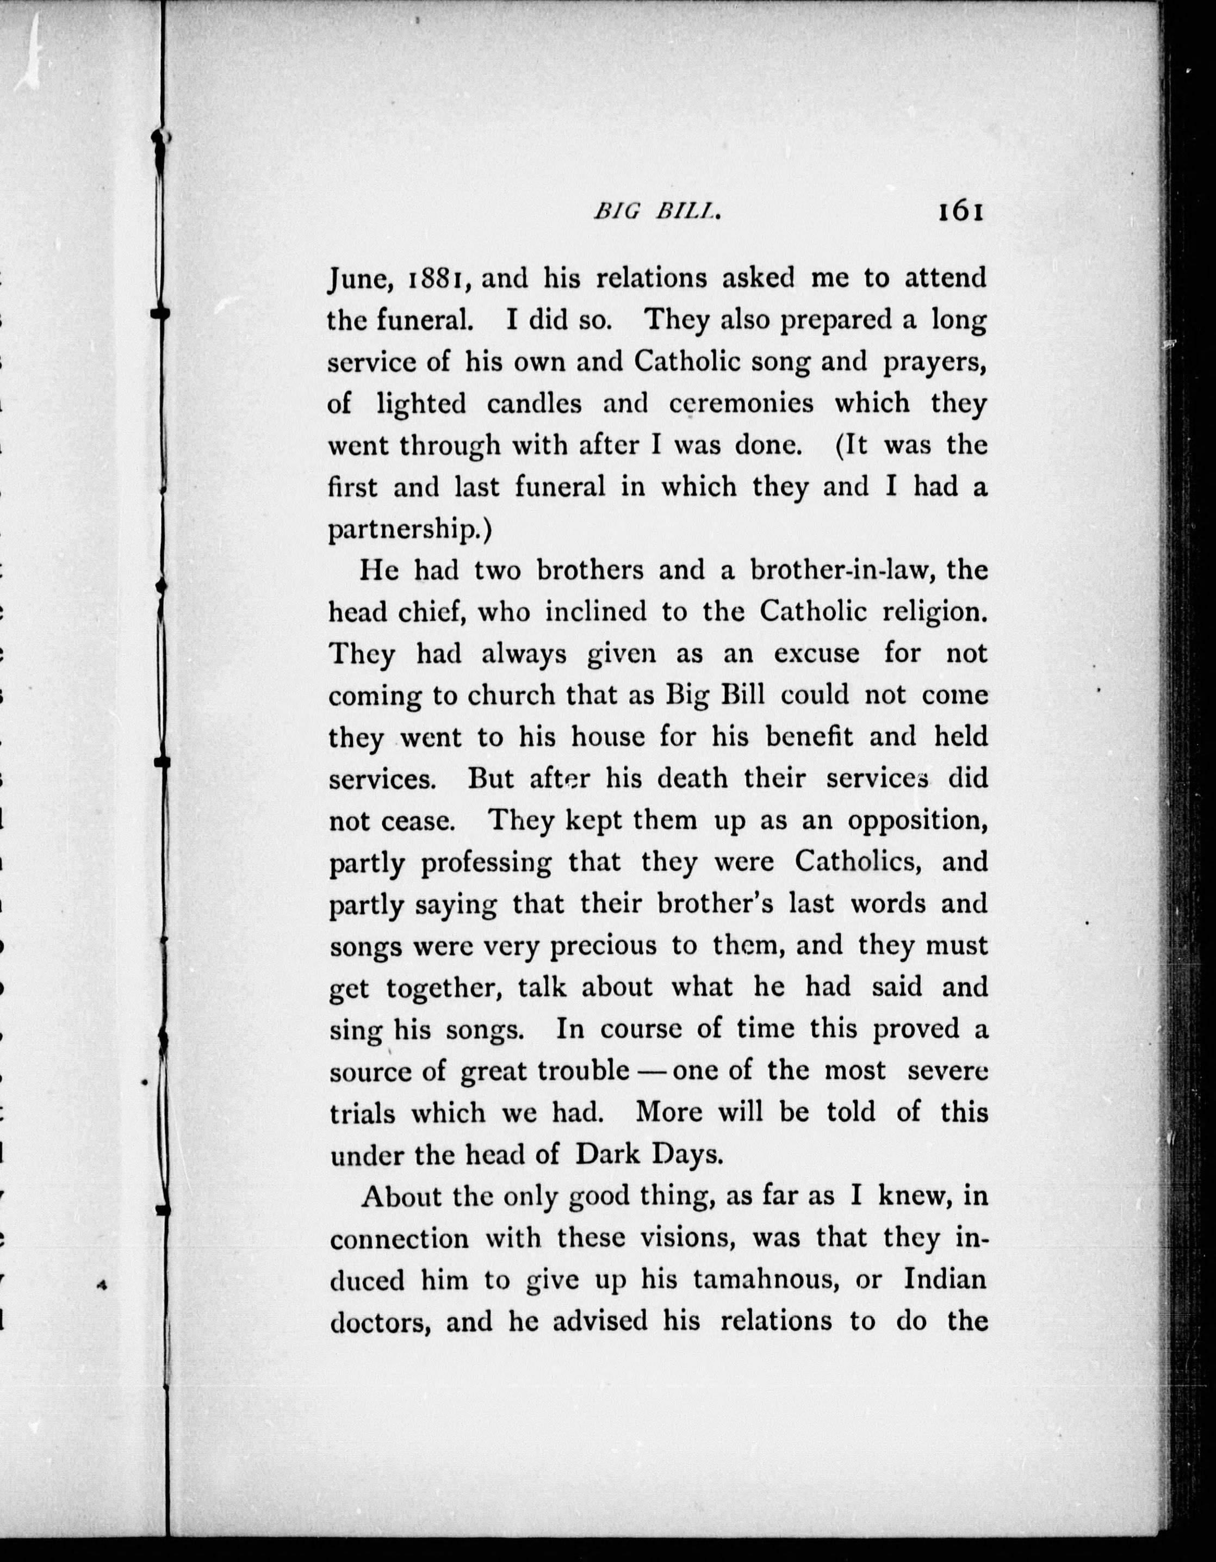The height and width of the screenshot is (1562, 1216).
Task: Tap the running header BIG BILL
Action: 656,213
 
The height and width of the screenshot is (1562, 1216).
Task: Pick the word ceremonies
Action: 742,404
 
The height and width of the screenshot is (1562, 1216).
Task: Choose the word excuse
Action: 817,654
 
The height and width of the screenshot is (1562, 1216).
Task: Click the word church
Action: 511,695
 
